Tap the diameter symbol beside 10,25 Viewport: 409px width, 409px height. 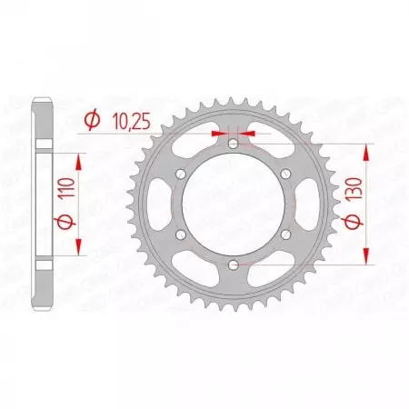tap(92, 118)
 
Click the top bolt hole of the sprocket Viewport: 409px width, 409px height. tap(233, 144)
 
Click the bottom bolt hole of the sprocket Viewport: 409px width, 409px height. tap(233, 264)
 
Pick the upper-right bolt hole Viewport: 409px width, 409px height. tap(284, 174)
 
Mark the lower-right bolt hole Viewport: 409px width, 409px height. tap(284, 234)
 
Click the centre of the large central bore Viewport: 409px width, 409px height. tap(233, 204)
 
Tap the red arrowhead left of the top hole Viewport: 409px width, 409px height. tap(222, 133)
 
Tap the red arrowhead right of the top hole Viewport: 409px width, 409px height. tap(244, 133)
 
